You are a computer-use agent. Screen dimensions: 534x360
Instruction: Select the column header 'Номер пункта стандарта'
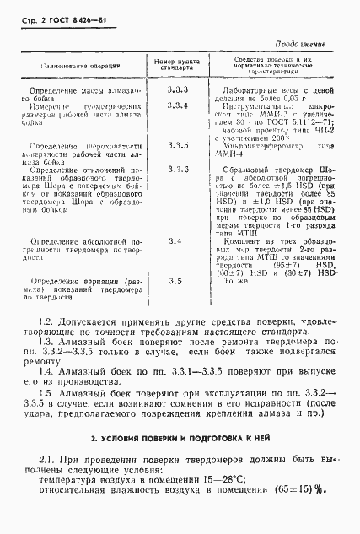[x=176, y=67]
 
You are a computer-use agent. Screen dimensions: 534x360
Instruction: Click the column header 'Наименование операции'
[x=78, y=66]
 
